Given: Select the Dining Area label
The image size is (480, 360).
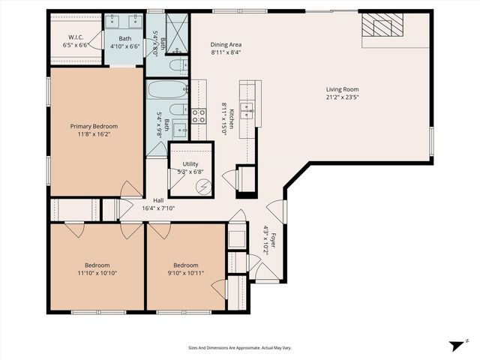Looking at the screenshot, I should click(x=225, y=44).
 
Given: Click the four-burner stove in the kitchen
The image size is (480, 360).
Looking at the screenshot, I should click(x=199, y=115).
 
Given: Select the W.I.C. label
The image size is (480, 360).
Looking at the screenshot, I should click(x=76, y=37).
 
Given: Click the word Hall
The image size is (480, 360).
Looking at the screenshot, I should click(x=158, y=200).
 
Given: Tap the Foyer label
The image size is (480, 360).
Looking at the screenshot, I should click(x=274, y=241).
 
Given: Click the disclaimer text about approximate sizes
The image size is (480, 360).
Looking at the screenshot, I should click(x=240, y=348).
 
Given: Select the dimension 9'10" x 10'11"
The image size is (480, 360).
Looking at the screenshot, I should click(x=186, y=274).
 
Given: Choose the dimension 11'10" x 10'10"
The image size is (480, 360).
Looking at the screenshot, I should click(x=97, y=274).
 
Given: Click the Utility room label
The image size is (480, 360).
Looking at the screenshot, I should click(x=190, y=163).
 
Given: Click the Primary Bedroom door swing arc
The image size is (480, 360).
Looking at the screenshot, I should click(x=130, y=188).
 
